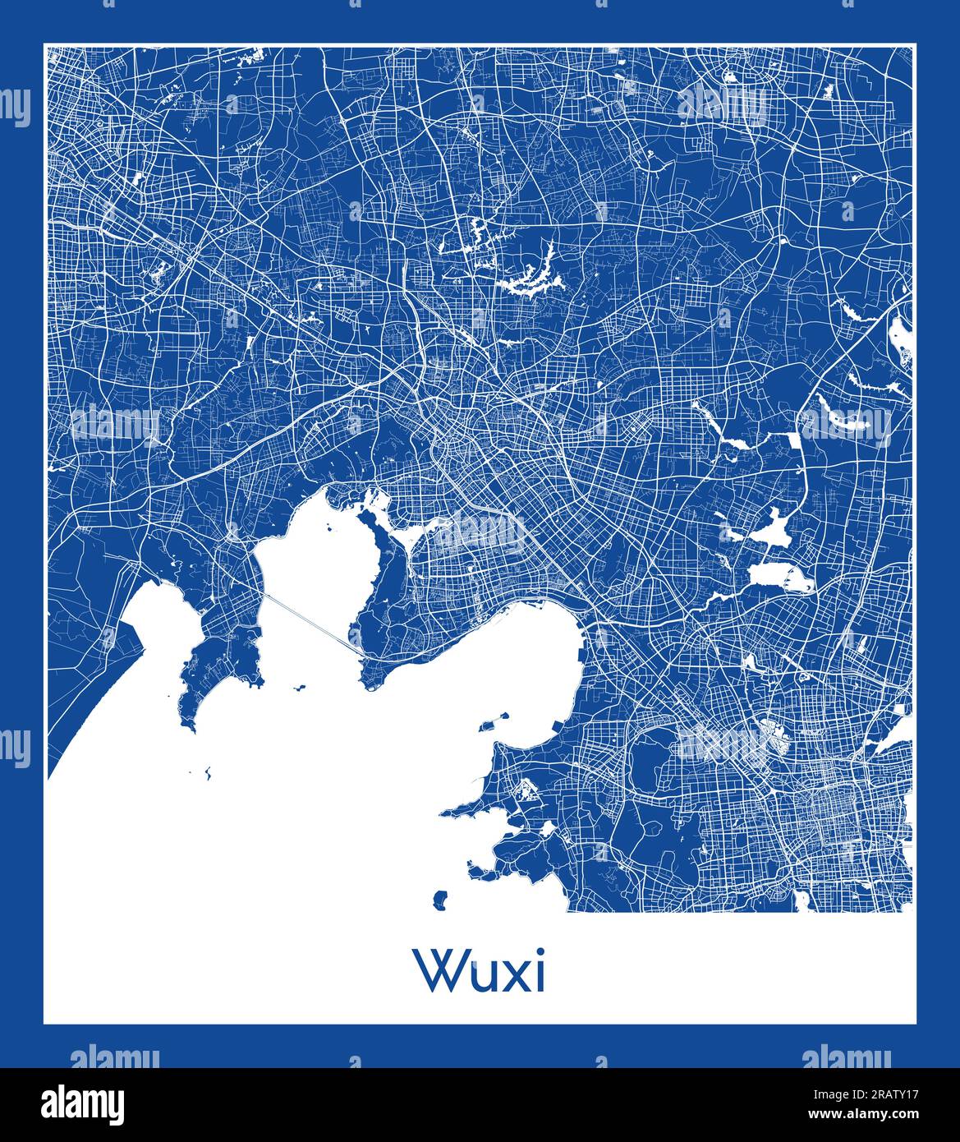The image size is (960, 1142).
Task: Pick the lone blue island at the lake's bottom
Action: pos(441,900)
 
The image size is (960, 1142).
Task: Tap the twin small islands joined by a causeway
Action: pos(494,723)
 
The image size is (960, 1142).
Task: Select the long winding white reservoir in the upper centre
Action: pos(530,279)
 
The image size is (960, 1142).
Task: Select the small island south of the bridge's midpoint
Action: pos(298,687)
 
